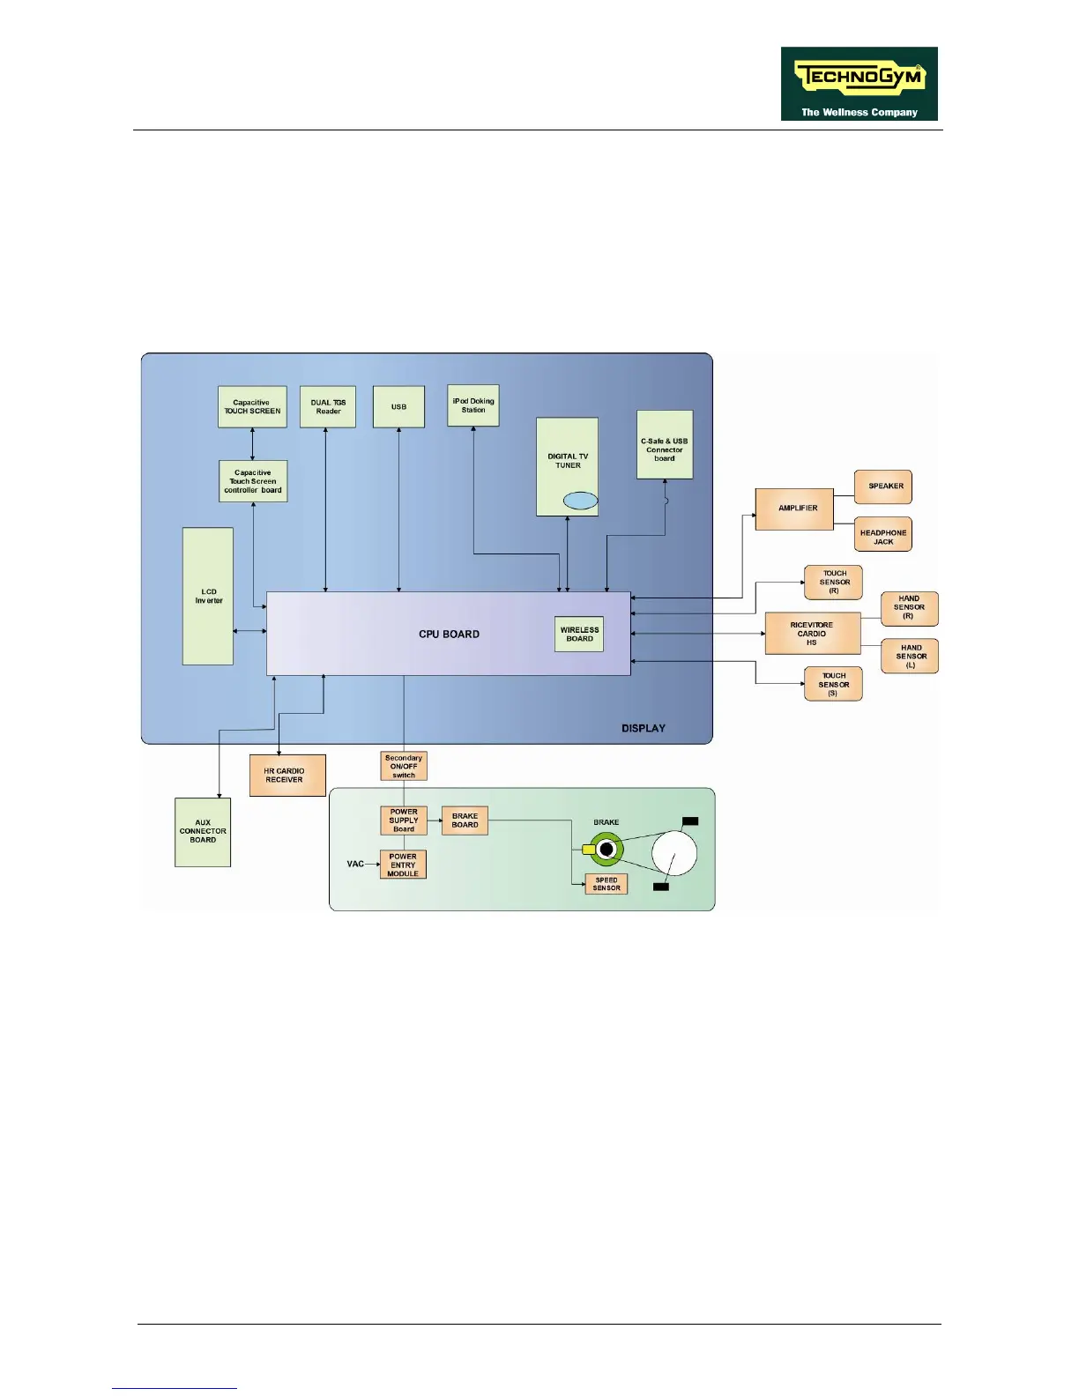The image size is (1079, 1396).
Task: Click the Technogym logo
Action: tap(859, 84)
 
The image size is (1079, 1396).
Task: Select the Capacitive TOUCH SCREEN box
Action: tap(252, 407)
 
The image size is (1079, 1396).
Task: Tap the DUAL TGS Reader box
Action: tap(328, 407)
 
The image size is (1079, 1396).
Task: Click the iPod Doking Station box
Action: tap(473, 405)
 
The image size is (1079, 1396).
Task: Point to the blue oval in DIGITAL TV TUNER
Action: tap(580, 501)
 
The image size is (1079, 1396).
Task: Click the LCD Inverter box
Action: tap(208, 596)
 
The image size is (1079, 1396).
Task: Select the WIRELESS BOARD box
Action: tap(579, 634)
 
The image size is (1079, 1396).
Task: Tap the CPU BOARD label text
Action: tap(449, 634)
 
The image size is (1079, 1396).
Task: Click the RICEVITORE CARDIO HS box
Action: tap(812, 633)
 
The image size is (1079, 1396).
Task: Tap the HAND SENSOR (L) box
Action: tap(910, 657)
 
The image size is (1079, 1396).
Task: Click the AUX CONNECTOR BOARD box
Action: tap(203, 832)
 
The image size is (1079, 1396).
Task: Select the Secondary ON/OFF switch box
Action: tap(404, 766)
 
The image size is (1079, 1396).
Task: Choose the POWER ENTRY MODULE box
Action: tap(403, 865)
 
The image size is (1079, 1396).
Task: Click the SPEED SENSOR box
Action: tap(606, 884)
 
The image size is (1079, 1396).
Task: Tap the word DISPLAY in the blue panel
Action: tap(644, 728)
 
